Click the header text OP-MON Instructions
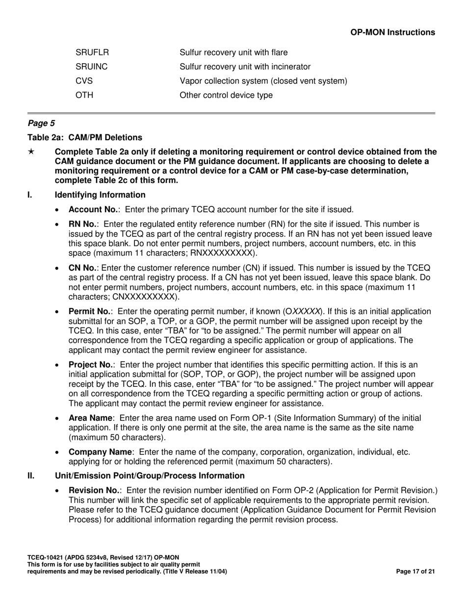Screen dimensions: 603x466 pyautogui.click(x=392, y=32)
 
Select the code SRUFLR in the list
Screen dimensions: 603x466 pyautogui.click(x=92, y=52)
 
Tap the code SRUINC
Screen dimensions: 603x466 pyautogui.click(x=92, y=67)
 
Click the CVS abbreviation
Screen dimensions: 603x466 pyautogui.click(x=84, y=81)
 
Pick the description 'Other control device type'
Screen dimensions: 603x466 pyautogui.click(x=226, y=95)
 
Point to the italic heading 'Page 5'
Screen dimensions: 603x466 pyautogui.click(x=41, y=124)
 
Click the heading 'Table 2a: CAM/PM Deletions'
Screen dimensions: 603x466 pyautogui.click(x=85, y=137)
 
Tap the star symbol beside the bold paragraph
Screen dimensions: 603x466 pyautogui.click(x=31, y=152)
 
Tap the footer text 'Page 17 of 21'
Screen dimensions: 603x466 pyautogui.click(x=415, y=572)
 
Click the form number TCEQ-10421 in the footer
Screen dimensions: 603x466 pyautogui.click(x=48, y=558)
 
